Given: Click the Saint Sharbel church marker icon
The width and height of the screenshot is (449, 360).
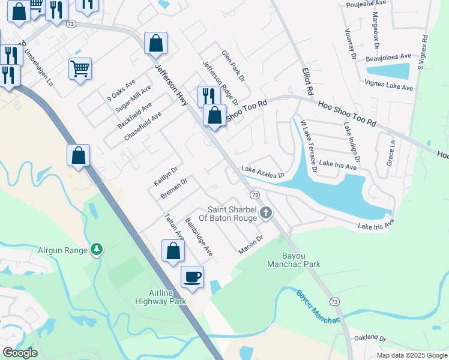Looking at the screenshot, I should pyautogui.click(x=265, y=212).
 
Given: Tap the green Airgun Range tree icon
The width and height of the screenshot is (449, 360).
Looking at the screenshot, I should pyautogui.click(x=96, y=249).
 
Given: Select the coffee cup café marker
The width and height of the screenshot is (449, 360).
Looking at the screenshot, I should pyautogui.click(x=193, y=277).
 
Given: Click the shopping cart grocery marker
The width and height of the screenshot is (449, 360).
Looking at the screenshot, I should pyautogui.click(x=80, y=68).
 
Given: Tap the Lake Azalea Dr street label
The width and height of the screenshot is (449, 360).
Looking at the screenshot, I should pyautogui.click(x=262, y=172).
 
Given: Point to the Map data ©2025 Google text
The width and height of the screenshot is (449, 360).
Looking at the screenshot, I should pyautogui.click(x=412, y=355).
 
